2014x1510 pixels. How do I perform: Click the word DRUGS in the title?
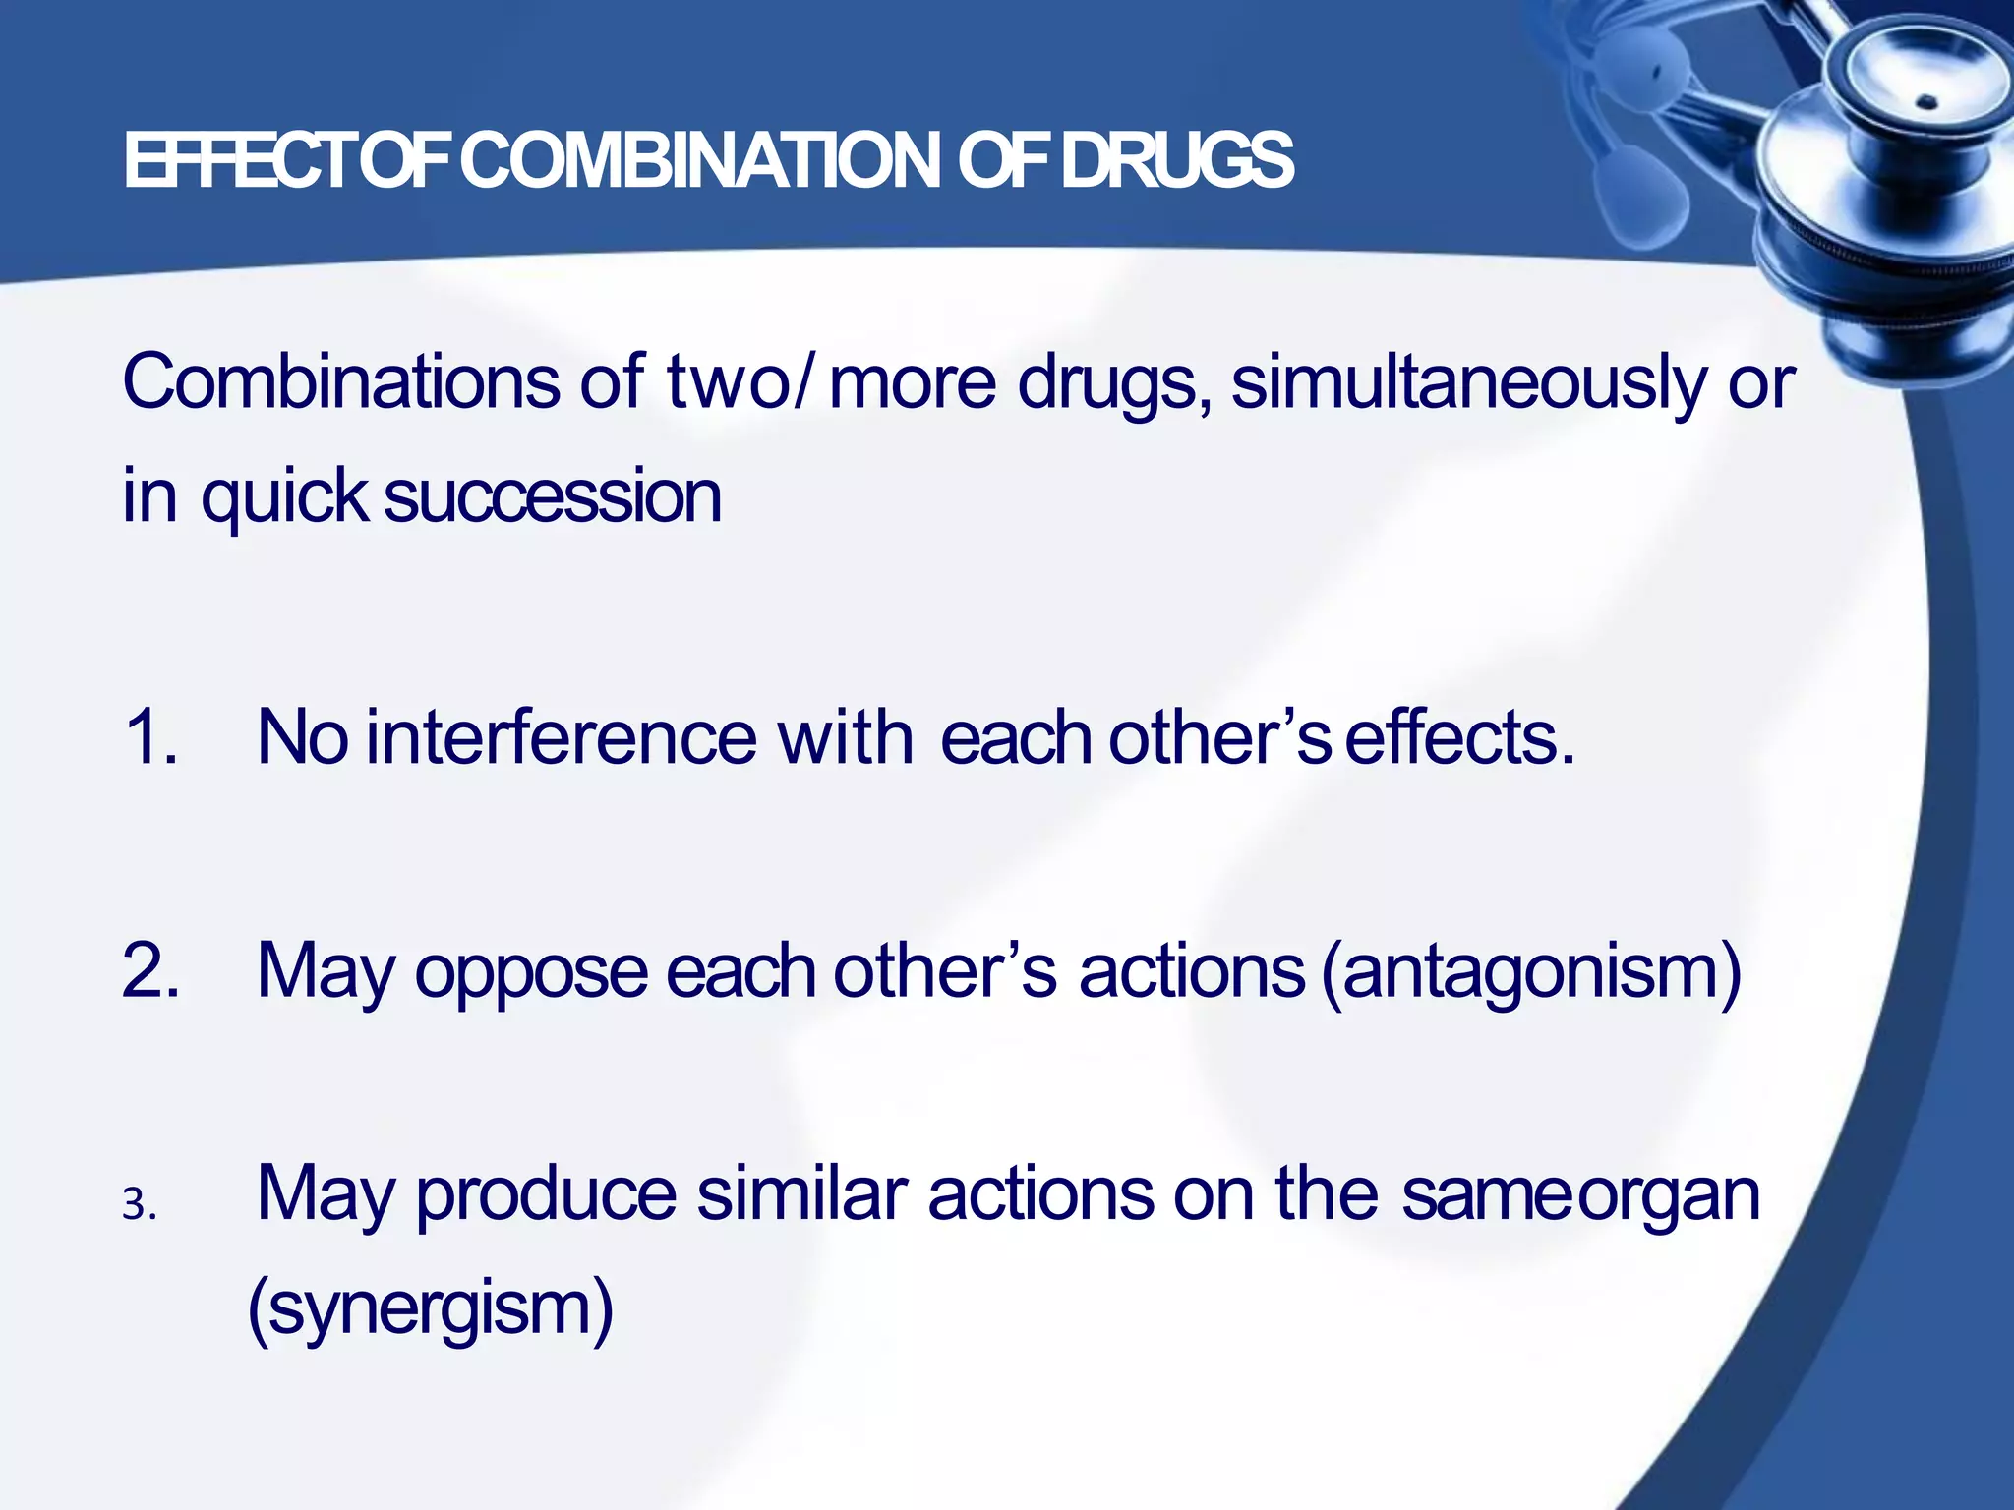pyautogui.click(x=1177, y=162)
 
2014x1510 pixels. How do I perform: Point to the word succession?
pyautogui.click(x=553, y=496)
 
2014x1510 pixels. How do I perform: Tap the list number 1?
pyautogui.click(x=150, y=737)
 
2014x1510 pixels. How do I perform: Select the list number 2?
pyautogui.click(x=150, y=971)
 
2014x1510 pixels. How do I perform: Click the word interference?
pyautogui.click(x=562, y=737)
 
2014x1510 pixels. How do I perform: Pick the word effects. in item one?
pyautogui.click(x=1459, y=737)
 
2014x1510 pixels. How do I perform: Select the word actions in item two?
pyautogui.click(x=1191, y=971)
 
